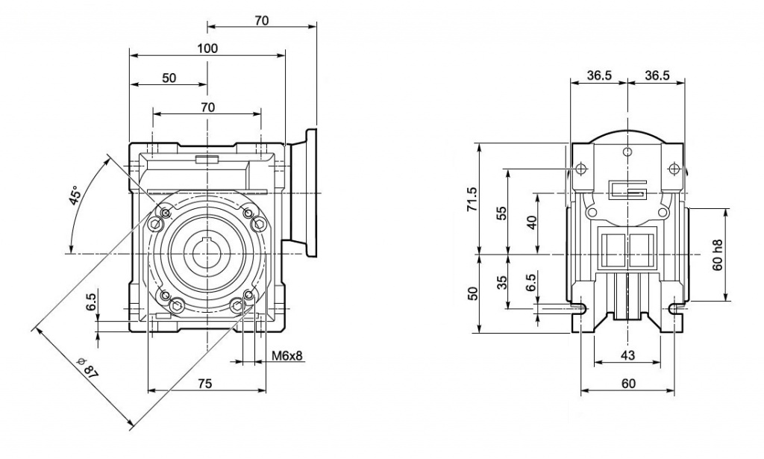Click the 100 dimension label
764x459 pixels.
pyautogui.click(x=207, y=49)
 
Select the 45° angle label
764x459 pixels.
pyautogui.click(x=75, y=196)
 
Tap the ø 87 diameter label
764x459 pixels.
pyautogui.click(x=88, y=367)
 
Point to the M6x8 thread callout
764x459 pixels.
pyautogui.click(x=287, y=356)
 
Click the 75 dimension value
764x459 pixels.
pyautogui.click(x=205, y=384)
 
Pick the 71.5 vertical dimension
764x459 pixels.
pyautogui.click(x=472, y=199)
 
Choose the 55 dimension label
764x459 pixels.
pyautogui.click(x=502, y=213)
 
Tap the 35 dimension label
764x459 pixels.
pyautogui.click(x=502, y=282)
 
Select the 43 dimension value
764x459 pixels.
pyautogui.click(x=628, y=355)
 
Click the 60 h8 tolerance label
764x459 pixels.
pyautogui.click(x=717, y=255)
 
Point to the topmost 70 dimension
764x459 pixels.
pyautogui.click(x=262, y=20)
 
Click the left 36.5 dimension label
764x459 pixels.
pyautogui.click(x=599, y=75)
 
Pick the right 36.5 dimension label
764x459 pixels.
pyautogui.click(x=657, y=75)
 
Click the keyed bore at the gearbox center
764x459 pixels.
pyautogui.click(x=207, y=252)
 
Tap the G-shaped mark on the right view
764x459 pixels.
pyautogui.click(x=627, y=190)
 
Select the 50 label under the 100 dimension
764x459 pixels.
pyautogui.click(x=169, y=78)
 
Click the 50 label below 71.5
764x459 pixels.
pyautogui.click(x=472, y=293)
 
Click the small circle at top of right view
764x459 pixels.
pyautogui.click(x=628, y=152)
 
